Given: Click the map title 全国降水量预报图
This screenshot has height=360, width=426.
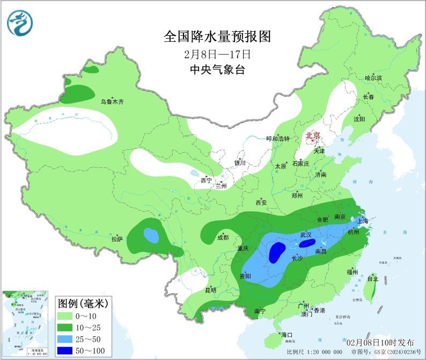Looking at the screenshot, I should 217,36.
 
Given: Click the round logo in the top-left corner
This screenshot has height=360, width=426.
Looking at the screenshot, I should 19,22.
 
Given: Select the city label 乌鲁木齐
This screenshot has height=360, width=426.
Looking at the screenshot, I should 112,101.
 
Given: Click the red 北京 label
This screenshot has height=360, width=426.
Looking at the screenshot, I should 313,136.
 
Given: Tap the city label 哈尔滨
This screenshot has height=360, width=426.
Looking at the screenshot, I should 373,78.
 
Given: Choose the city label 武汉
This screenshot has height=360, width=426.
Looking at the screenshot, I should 306,235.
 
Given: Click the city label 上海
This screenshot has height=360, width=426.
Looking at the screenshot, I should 363,221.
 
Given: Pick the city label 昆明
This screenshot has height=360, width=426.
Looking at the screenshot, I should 210,290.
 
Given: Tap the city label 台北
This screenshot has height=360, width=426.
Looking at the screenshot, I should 372,279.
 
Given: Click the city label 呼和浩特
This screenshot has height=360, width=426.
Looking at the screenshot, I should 278,138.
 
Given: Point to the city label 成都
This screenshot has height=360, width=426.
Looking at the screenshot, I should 223,237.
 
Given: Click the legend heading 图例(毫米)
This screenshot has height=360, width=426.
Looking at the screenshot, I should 83,304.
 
